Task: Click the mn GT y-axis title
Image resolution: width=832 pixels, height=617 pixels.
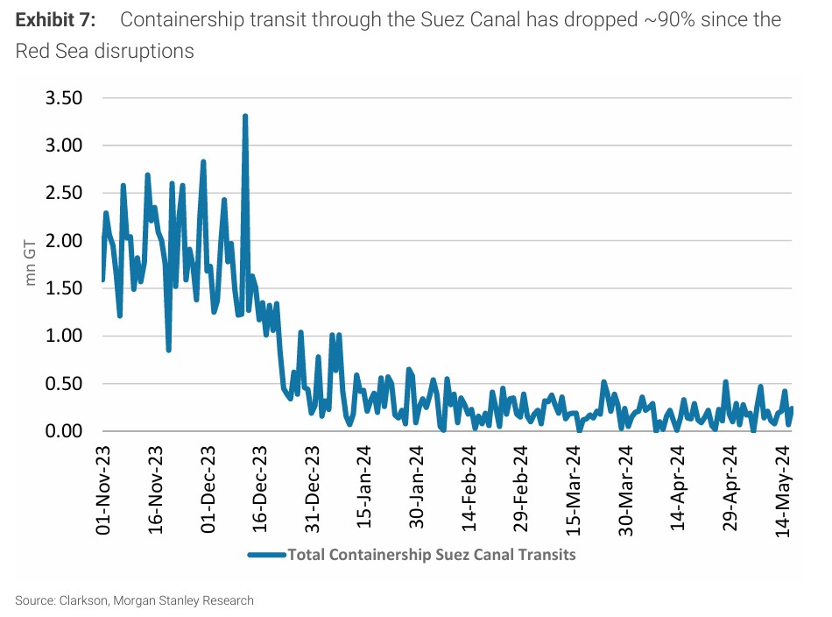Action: (x=31, y=264)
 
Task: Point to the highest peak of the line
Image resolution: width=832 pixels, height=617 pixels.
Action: (x=245, y=116)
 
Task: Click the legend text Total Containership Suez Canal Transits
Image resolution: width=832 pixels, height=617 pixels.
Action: (x=432, y=554)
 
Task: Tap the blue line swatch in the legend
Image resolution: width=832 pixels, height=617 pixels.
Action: (x=266, y=554)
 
